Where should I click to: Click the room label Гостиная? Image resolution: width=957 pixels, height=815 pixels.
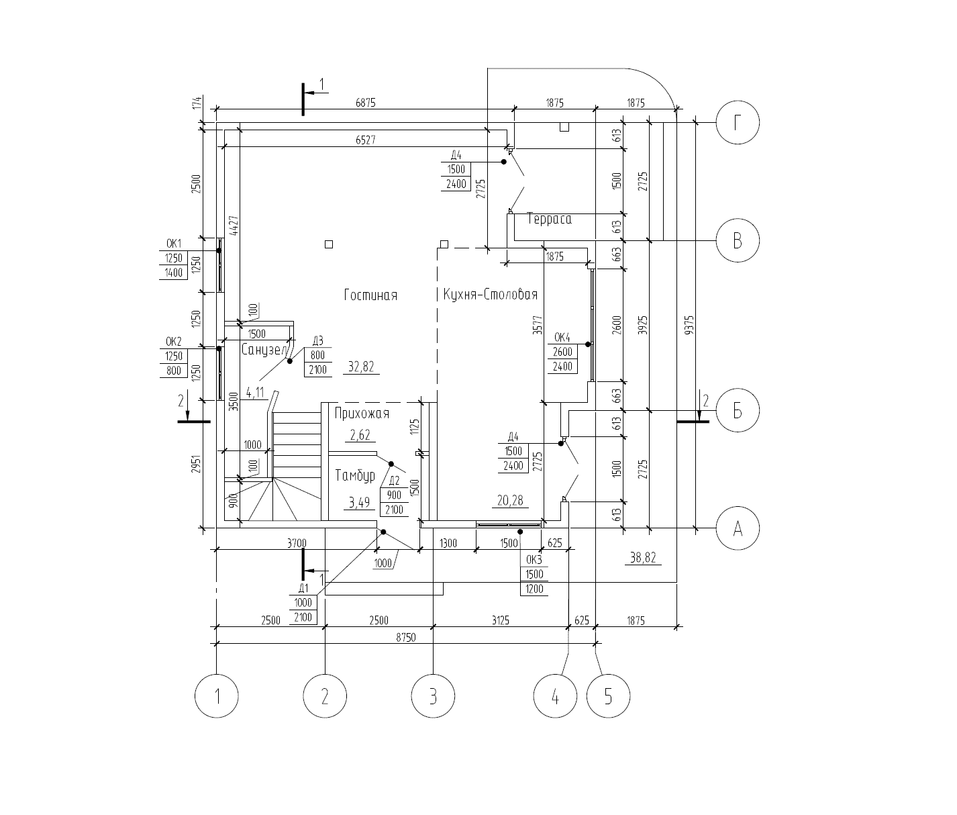pos(370,295)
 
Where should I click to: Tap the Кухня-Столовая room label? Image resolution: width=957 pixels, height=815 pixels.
pos(491,295)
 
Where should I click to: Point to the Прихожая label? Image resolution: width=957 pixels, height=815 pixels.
pos(362,413)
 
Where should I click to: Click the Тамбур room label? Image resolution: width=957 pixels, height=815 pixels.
pos(355,475)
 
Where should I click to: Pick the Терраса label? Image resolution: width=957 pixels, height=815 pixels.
pos(549,219)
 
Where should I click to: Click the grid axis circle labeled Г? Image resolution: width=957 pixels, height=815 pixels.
pos(738,123)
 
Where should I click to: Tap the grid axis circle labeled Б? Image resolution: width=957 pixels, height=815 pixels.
pos(738,411)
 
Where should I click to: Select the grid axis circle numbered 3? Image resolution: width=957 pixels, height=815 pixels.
pos(433,696)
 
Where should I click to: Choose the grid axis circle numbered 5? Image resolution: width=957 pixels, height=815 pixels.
pos(609,696)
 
